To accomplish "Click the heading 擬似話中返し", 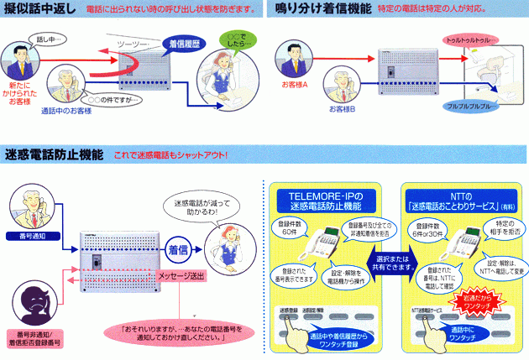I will pos(41,10).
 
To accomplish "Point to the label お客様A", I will pos(295,85).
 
